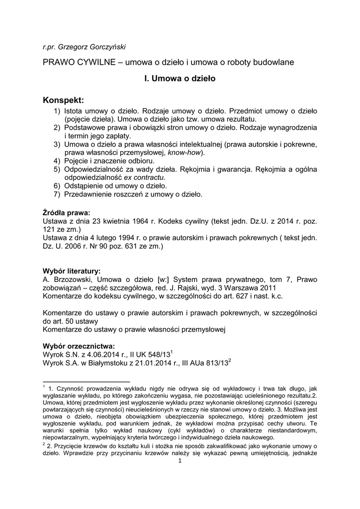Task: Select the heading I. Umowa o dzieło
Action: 180,78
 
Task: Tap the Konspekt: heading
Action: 64,101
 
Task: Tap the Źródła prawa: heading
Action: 66,213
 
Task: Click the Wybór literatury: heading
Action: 72,271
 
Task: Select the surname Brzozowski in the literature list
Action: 72,279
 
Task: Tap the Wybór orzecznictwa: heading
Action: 79,346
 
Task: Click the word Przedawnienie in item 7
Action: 90,194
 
